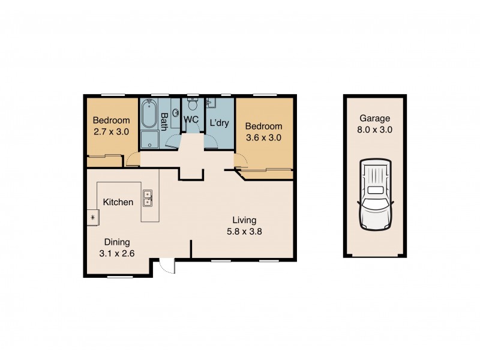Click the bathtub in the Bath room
coord(149,115)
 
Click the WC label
coord(191,119)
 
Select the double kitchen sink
coord(147,196)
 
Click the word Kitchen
coord(118,202)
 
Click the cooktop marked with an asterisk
coord(93,217)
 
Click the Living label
coord(245,220)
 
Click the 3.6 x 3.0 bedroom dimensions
coord(263,137)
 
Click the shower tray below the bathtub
coord(149,140)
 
